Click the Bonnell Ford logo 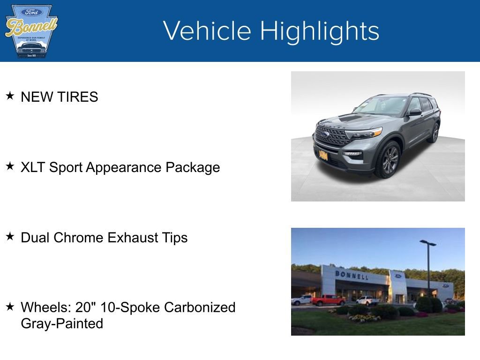31,31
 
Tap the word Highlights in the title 320,31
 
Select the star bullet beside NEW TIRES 10,96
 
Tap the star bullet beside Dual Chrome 10,237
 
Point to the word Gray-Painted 62,323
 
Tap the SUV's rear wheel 434,133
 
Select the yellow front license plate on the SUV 323,155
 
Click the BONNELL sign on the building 351,275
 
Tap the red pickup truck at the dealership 328,300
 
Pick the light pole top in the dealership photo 427,243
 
